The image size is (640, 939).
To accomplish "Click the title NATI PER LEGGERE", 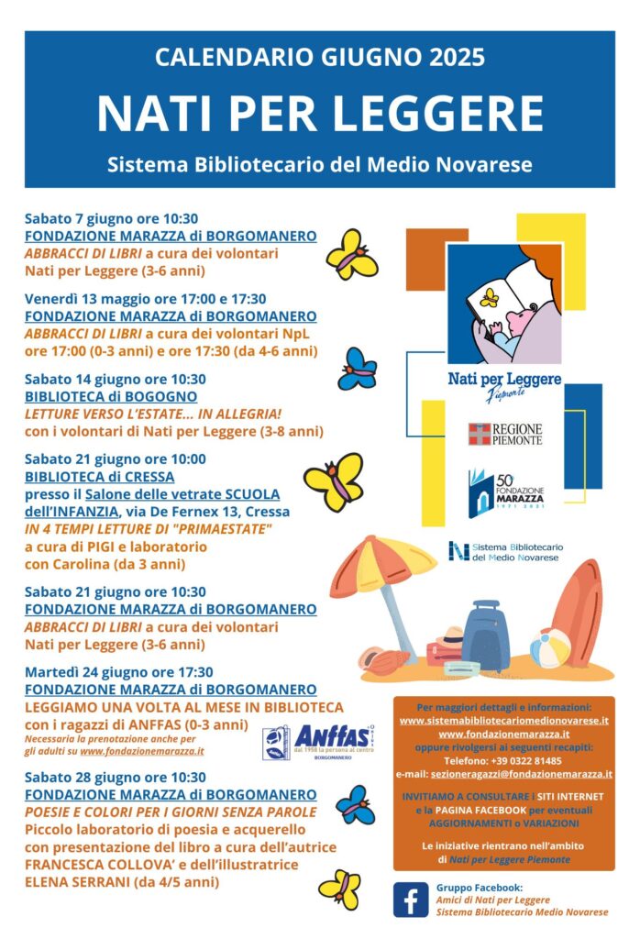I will pyautogui.click(x=320, y=114).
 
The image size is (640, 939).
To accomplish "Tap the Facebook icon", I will pyautogui.click(x=411, y=899).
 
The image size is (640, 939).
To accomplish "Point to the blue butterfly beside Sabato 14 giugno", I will pyautogui.click(x=357, y=369).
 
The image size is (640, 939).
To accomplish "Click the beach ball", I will pyautogui.click(x=549, y=647).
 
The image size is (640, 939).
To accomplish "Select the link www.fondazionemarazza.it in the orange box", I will pyautogui.click(x=503, y=734).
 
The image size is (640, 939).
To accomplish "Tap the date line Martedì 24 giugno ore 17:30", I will pyautogui.click(x=119, y=672).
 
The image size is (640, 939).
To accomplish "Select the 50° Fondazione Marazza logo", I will pyautogui.click(x=505, y=493).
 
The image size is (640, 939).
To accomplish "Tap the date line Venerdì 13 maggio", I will pyautogui.click(x=145, y=298).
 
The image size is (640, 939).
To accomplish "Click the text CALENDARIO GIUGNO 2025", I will pyautogui.click(x=320, y=59).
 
